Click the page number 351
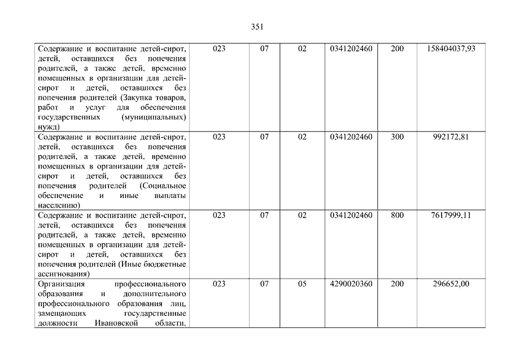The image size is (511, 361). (x=256, y=27)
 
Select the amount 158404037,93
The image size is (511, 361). (x=450, y=49)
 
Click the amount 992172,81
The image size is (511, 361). (x=450, y=137)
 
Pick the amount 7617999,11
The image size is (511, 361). (x=450, y=215)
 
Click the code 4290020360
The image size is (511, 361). (x=351, y=284)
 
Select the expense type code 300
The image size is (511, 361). (x=397, y=137)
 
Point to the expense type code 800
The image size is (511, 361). (x=397, y=215)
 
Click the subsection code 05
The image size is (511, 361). (x=302, y=284)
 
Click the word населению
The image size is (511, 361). (x=59, y=205)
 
